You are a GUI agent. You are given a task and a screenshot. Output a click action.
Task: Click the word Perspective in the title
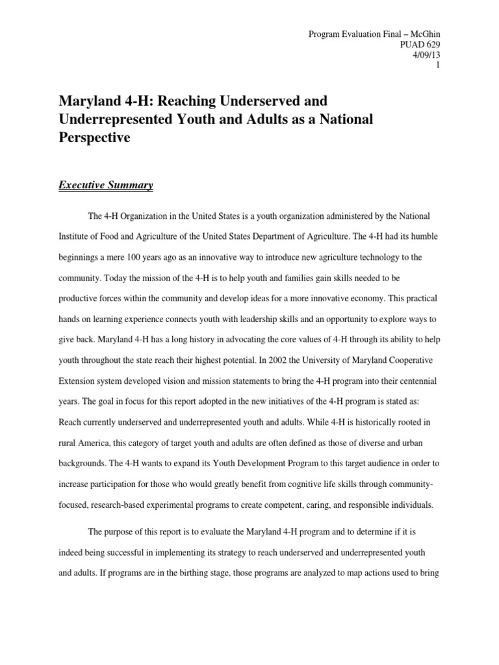click(x=95, y=138)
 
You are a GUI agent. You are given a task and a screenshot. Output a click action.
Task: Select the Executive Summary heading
click(x=106, y=186)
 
